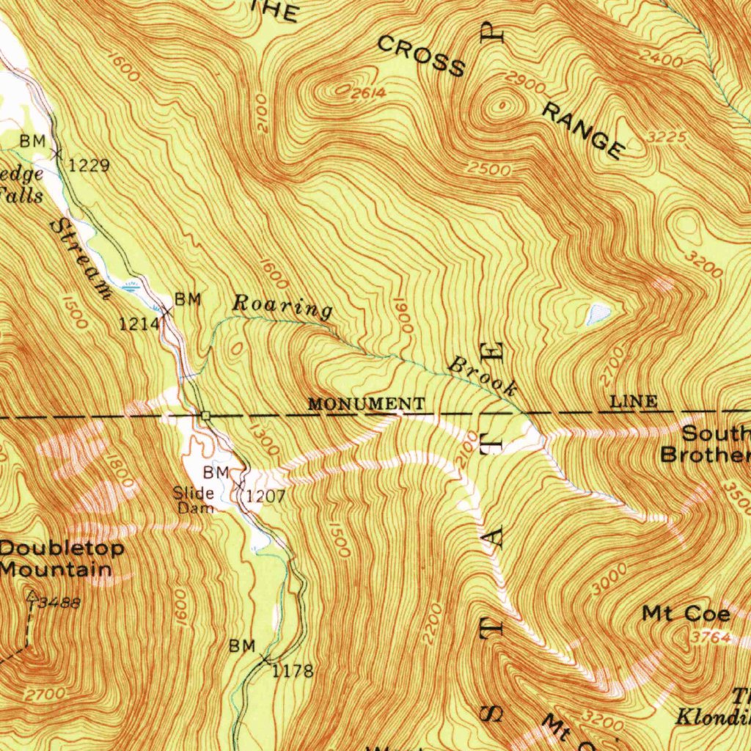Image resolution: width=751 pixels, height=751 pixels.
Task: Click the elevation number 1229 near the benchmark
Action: click(x=89, y=166)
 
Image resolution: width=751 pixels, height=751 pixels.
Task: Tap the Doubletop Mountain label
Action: click(x=62, y=558)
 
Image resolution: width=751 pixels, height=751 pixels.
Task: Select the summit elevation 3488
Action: click(x=60, y=603)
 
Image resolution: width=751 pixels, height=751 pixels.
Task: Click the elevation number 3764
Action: click(x=710, y=638)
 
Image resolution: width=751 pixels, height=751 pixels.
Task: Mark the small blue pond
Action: click(x=598, y=314)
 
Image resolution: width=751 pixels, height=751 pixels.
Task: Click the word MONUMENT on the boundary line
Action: click(x=366, y=404)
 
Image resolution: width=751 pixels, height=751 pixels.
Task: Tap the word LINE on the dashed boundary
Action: click(x=634, y=401)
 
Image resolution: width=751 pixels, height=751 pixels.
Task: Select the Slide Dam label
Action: click(x=194, y=499)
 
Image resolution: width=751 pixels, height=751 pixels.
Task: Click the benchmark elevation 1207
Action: click(x=265, y=497)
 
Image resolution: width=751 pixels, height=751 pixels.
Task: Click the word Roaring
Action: click(x=282, y=306)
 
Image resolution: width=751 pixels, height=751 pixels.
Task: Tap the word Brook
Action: click(x=484, y=375)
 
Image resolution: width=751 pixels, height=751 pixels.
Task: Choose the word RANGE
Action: click(x=584, y=131)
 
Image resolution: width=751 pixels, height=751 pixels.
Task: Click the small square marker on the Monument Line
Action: click(x=206, y=416)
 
